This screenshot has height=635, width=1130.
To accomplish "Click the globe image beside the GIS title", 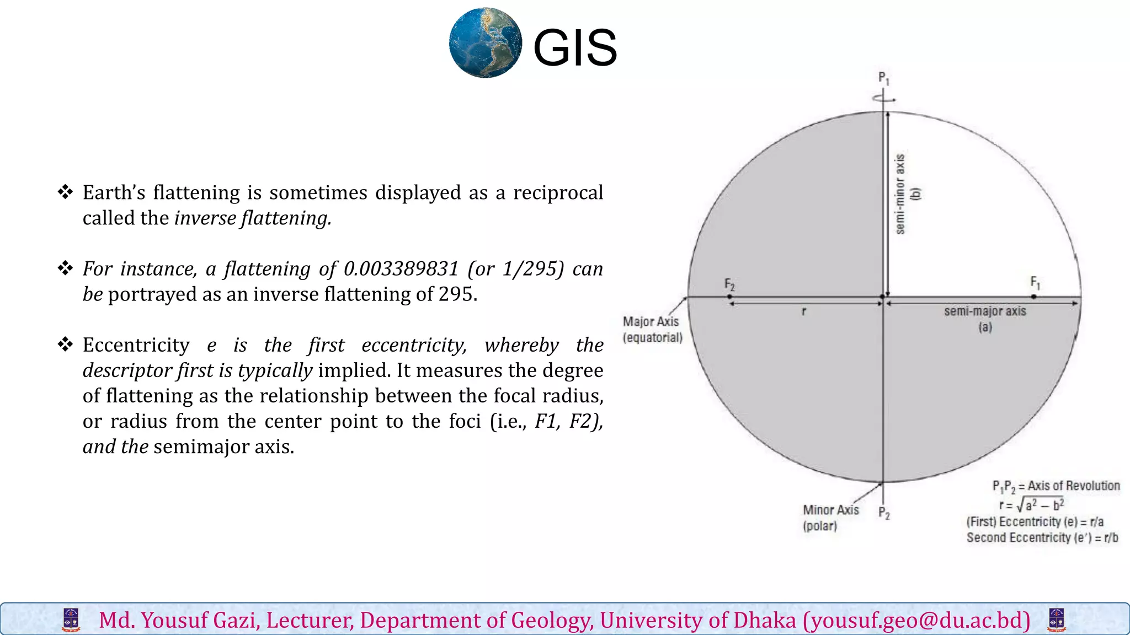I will [486, 43].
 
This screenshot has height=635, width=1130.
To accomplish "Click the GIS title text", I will [574, 48].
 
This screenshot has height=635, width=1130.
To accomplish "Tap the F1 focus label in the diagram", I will [1035, 283].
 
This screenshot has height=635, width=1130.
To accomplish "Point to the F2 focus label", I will [729, 284].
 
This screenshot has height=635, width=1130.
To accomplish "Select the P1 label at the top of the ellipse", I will [883, 78].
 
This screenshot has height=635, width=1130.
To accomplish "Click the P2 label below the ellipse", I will [884, 513].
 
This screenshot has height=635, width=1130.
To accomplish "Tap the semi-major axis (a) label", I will [985, 319].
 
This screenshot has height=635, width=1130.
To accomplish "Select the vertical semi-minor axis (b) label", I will [905, 194].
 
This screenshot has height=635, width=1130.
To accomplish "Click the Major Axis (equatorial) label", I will [652, 329].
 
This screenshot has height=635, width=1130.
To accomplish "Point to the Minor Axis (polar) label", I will [830, 518].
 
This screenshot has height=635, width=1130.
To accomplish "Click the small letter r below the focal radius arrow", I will [804, 312].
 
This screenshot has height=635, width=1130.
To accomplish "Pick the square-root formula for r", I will [1031, 504].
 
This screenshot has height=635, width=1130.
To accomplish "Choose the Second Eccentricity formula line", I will [1042, 538].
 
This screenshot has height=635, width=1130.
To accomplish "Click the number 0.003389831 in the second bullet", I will [401, 269].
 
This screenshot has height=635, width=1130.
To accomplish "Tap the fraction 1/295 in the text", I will [533, 269].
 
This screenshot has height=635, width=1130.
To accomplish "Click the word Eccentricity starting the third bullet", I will [136, 345].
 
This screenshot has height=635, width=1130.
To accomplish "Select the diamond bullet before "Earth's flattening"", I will [66, 192].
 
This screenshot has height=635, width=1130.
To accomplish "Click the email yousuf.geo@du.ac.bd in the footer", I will [916, 620].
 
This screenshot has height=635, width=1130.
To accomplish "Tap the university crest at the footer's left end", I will [71, 620].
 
